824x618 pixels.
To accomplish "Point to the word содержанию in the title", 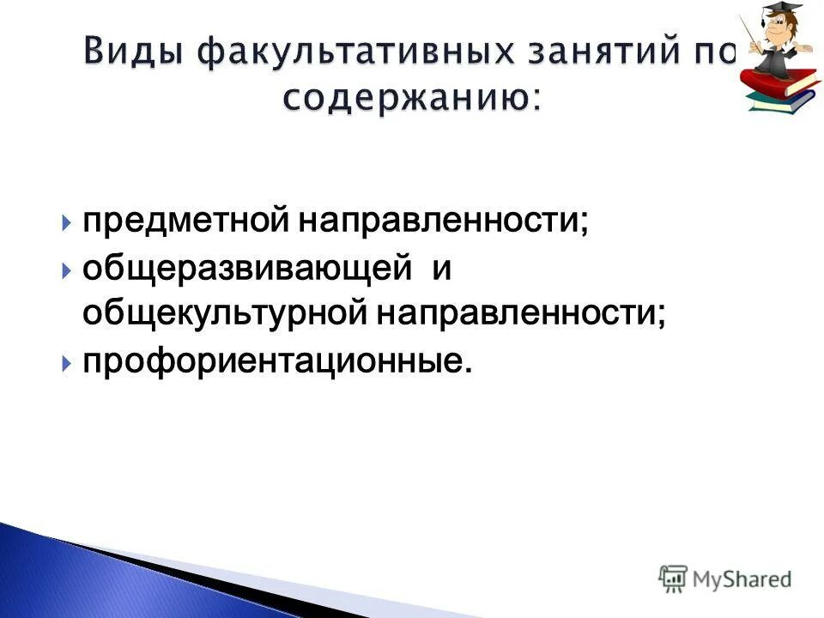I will pos(403,97).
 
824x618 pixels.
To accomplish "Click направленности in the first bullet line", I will pos(444,222).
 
